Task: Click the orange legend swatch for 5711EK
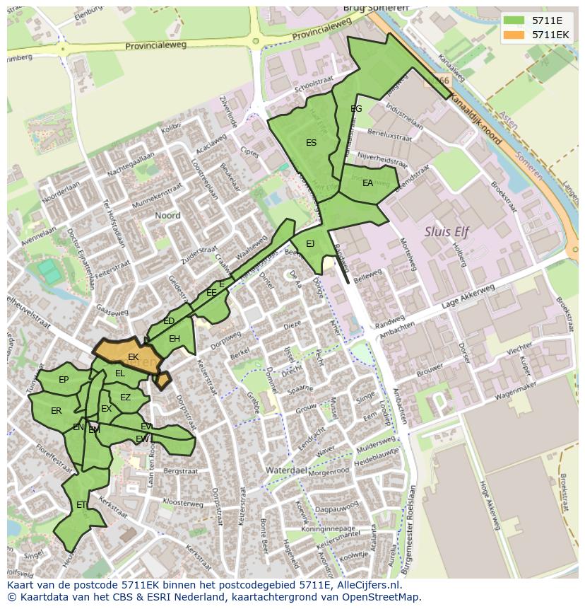pos(516,35)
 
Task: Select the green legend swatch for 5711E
pos(516,21)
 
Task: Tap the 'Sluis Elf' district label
pos(447,231)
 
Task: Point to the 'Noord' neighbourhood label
pos(167,216)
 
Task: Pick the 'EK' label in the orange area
pos(133,357)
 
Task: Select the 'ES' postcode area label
pos(311,143)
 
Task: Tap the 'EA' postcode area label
pos(367,183)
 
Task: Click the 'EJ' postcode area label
pos(310,244)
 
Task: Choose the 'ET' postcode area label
pos(81,505)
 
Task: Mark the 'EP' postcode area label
pos(64,380)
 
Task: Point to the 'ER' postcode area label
pos(57,411)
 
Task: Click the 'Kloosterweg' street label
pos(182,503)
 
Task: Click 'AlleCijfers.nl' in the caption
pos(366,585)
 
